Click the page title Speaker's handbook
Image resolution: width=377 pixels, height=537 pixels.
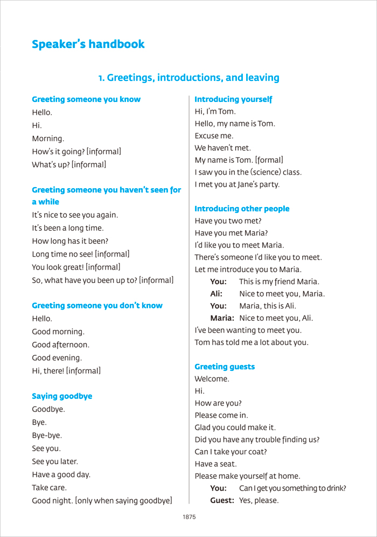pyautogui.click(x=88, y=44)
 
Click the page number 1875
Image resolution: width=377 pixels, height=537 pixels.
pyautogui.click(x=189, y=517)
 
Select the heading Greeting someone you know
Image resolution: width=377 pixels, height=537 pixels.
pyautogui.click(x=86, y=99)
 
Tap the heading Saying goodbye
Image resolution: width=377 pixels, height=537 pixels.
pyautogui.click(x=62, y=396)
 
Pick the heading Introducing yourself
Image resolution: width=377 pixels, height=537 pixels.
pyautogui.click(x=233, y=99)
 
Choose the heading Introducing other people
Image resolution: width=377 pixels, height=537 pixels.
pyautogui.click(x=242, y=209)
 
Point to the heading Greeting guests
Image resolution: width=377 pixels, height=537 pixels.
pyautogui.click(x=225, y=367)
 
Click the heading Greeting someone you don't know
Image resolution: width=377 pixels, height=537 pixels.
pyautogui.click(x=97, y=306)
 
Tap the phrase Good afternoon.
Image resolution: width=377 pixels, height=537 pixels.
pyautogui.click(x=61, y=345)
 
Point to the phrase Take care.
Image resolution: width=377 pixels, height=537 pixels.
pyautogui.click(x=47, y=487)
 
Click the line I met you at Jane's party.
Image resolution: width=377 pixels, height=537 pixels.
pyautogui.click(x=237, y=184)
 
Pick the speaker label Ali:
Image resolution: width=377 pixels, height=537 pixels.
pyautogui.click(x=217, y=294)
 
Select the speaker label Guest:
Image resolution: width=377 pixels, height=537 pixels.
pyautogui.click(x=222, y=500)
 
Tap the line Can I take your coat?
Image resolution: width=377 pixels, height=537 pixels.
pyautogui.click(x=231, y=451)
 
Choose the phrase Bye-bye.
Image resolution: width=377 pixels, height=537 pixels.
pyautogui.click(x=47, y=435)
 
